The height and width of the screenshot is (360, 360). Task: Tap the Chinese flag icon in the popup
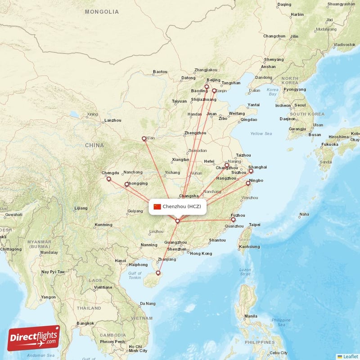coord(157,207)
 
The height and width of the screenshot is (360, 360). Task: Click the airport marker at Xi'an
coord(144,139)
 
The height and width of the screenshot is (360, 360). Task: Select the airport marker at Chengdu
coord(108,179)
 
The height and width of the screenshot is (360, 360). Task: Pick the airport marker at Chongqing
coord(127,184)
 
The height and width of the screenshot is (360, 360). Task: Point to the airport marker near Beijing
coord(207,86)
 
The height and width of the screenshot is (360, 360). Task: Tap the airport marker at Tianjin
coord(214,90)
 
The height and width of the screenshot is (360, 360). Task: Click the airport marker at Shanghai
coord(251,171)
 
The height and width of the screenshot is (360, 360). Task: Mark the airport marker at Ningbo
coord(248,183)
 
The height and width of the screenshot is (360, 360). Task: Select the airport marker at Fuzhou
coord(233,220)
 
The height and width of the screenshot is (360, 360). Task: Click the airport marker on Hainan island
coord(158,273)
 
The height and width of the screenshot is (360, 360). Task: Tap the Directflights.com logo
coord(34,338)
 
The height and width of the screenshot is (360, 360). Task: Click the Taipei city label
coord(255,224)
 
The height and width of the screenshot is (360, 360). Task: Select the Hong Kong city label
coord(201,253)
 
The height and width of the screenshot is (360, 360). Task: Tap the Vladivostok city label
coord(343,45)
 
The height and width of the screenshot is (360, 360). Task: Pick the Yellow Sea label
coord(261,134)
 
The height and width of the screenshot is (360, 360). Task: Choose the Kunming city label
coord(103,225)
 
